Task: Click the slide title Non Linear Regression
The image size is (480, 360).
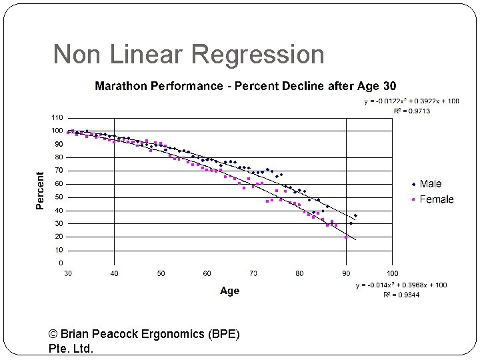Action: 189,55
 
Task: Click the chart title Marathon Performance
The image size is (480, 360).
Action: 245,86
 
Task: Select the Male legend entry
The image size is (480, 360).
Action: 430,184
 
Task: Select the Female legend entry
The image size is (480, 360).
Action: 436,199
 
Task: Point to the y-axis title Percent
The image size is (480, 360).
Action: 40,191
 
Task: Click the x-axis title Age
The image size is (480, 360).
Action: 229,291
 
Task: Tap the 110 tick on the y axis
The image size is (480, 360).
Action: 57,117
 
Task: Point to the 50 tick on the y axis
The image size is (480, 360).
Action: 59,197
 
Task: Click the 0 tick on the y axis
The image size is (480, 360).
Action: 61,263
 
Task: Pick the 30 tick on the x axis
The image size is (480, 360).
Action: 68,273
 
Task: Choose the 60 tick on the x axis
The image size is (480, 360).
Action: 207,273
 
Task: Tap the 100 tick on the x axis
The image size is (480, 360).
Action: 392,273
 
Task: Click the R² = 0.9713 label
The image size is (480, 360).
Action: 411,111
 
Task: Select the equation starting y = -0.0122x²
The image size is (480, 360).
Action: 411,101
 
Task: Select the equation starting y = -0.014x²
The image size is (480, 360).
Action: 401,285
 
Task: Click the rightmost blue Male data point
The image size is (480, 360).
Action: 355,215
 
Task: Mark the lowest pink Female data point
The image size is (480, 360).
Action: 347,237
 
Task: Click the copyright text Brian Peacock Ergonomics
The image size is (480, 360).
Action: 144,334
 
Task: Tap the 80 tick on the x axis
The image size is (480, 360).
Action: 299,273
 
